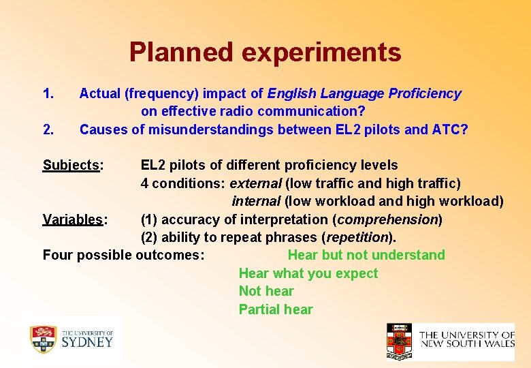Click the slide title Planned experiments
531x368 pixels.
(265, 52)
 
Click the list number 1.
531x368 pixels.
(48, 93)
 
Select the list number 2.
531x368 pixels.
(48, 129)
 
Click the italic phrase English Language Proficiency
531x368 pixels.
(364, 93)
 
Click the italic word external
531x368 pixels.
(255, 183)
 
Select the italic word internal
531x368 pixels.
(256, 201)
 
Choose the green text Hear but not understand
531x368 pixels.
(366, 255)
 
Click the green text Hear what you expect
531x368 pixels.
(308, 273)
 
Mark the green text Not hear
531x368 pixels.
(266, 291)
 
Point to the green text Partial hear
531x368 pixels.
(276, 309)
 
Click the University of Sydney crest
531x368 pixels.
(43, 339)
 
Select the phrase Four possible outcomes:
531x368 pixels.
(123, 255)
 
